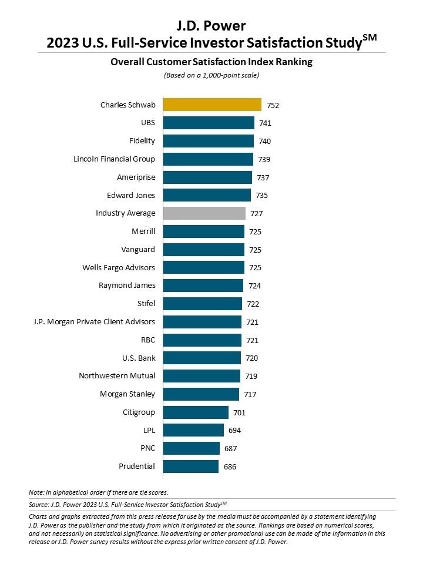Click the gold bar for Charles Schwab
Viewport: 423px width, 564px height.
click(211, 105)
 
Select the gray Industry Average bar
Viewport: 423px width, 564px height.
click(204, 213)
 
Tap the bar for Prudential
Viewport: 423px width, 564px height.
click(191, 466)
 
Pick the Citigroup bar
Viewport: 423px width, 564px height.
click(196, 412)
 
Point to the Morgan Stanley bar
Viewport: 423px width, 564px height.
click(201, 394)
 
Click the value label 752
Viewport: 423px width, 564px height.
click(273, 106)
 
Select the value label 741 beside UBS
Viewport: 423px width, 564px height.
click(266, 123)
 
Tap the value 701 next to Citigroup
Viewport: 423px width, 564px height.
click(240, 412)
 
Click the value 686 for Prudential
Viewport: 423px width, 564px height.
click(230, 466)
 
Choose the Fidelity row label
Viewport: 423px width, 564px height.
click(142, 141)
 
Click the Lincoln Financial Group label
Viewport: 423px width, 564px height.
click(114, 159)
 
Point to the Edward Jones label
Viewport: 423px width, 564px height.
click(131, 195)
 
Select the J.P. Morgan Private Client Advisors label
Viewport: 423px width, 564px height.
click(94, 321)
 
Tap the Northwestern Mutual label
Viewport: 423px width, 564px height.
click(117, 376)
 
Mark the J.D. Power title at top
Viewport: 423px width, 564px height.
click(211, 25)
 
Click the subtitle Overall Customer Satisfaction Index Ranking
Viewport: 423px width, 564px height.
click(211, 62)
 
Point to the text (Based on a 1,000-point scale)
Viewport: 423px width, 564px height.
click(211, 75)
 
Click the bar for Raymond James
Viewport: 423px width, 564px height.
click(203, 286)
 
